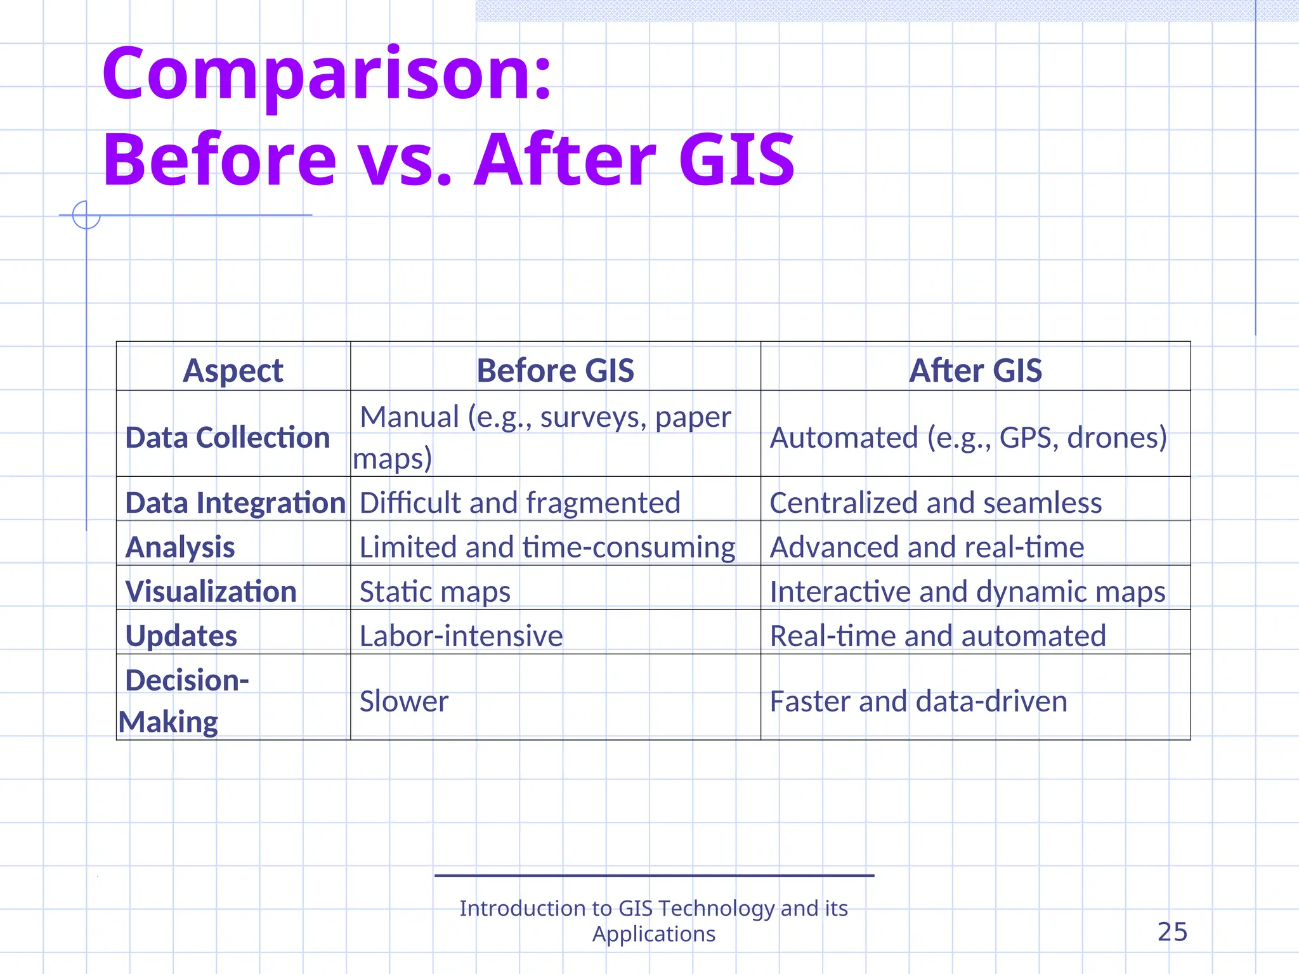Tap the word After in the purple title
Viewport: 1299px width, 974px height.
(x=565, y=160)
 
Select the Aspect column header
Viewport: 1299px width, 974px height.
(x=233, y=370)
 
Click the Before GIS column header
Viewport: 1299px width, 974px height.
(x=555, y=370)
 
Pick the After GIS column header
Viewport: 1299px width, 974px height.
(x=975, y=370)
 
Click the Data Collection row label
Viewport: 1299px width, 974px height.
(x=228, y=438)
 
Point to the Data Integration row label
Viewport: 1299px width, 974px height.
(x=235, y=503)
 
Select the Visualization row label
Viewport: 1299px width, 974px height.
(x=211, y=592)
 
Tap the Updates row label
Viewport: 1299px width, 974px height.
(x=181, y=636)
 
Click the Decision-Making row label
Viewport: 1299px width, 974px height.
(x=184, y=701)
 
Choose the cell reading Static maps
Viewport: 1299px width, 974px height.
(x=434, y=592)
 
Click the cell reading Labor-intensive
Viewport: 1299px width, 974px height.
(x=461, y=636)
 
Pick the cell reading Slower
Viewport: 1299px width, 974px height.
(x=404, y=701)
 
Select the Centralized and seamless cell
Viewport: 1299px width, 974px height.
(x=936, y=503)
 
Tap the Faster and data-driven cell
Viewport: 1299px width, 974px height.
(x=918, y=701)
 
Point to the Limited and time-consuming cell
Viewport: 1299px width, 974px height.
(x=547, y=547)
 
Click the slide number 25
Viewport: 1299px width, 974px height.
(x=1172, y=932)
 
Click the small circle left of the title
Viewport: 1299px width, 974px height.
(x=86, y=215)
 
